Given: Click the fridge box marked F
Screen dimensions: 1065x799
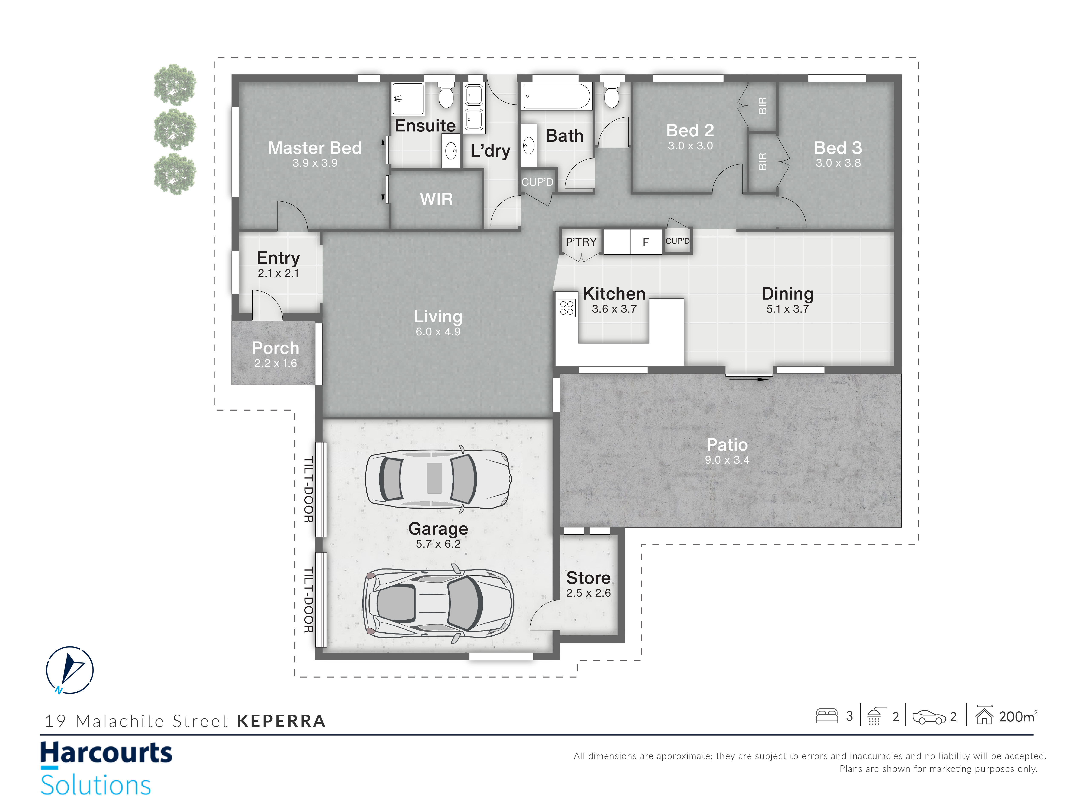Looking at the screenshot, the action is (x=646, y=242).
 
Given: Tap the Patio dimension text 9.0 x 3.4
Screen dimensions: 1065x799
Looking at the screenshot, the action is (x=727, y=460).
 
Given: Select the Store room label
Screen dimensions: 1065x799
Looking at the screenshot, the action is (x=588, y=577).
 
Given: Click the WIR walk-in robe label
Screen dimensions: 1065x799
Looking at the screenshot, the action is (x=436, y=199).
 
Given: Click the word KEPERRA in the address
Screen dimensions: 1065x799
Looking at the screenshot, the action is (x=281, y=721).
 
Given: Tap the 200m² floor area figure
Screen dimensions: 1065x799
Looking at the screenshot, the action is (x=1018, y=717).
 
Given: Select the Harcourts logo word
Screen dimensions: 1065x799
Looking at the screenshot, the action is (x=106, y=752).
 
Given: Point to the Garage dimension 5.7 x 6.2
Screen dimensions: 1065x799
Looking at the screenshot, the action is (x=438, y=544).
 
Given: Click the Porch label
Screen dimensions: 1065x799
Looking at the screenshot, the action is (x=275, y=348).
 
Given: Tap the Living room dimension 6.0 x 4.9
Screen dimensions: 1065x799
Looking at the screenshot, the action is (x=438, y=331).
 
